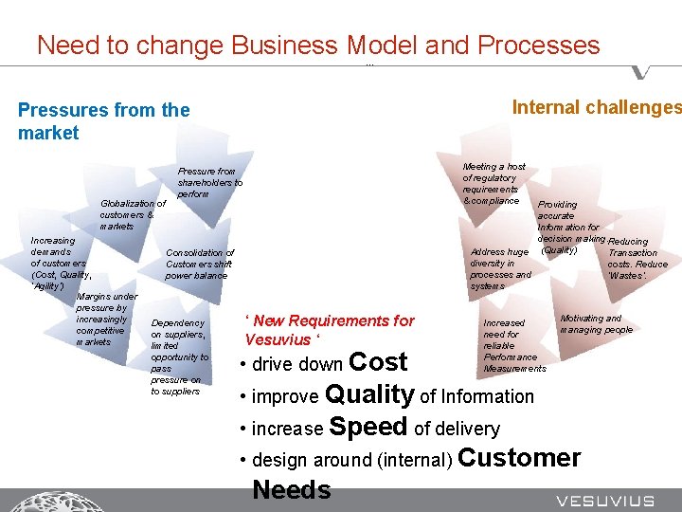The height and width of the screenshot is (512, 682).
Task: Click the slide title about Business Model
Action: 317,45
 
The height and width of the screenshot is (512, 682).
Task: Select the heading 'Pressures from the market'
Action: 103,121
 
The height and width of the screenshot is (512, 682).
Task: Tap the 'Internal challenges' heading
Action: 596,107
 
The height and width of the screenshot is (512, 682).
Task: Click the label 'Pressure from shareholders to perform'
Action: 209,182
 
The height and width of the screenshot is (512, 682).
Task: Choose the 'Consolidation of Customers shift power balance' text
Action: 199,264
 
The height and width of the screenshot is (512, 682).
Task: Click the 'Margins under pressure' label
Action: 105,319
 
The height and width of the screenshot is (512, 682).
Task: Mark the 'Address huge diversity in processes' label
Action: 499,268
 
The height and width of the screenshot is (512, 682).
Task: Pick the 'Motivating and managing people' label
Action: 596,324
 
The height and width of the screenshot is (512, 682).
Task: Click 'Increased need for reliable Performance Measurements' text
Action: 512,345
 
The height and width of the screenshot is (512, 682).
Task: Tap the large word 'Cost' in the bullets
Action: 378,362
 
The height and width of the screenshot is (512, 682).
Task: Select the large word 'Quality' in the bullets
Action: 369,394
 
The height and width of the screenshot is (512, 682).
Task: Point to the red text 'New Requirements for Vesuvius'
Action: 329,329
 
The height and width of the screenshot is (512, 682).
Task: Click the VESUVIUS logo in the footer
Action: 604,501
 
